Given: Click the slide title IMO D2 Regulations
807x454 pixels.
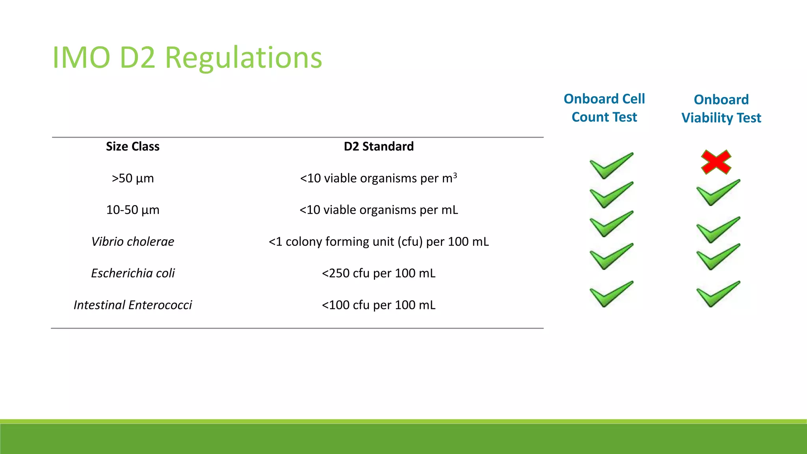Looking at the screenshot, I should [187, 58].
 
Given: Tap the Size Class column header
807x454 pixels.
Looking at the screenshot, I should [133, 147].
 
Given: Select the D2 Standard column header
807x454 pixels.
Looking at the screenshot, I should [379, 147].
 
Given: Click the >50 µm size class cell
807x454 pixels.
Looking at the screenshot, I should [133, 179].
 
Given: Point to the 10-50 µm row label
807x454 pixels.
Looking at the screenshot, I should [133, 210].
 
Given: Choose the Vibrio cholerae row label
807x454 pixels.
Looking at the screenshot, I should [133, 242].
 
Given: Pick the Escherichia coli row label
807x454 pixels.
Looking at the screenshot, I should [133, 273].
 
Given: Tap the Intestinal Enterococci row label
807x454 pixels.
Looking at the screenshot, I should [133, 305].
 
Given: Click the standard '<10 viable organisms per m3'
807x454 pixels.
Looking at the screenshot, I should [378, 179].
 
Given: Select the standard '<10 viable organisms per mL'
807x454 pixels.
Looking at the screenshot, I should [379, 210].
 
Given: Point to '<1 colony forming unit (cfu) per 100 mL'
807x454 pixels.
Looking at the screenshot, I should [379, 242].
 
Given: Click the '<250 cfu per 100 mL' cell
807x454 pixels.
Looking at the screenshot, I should [379, 273].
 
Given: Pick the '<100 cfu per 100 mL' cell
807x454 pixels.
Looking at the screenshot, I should [379, 305].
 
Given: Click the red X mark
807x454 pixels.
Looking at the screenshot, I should [716, 162].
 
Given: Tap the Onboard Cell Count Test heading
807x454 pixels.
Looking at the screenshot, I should [604, 108].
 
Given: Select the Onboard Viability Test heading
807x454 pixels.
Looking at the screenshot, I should [721, 109].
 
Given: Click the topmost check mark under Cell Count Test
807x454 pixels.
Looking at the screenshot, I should [610, 166].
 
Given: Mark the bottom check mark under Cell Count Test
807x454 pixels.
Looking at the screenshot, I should [610, 294].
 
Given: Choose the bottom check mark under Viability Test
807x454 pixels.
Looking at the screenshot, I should [717, 294].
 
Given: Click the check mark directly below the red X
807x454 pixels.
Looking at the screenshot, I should [717, 193].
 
